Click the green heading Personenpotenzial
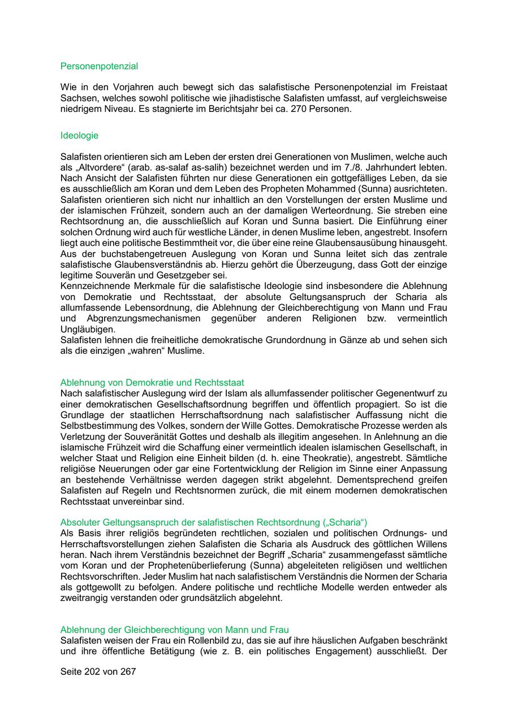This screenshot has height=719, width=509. [99, 66]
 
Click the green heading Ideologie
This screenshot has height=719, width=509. [79, 136]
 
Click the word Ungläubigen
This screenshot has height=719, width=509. [87, 329]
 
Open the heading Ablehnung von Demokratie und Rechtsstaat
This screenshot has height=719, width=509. [152, 383]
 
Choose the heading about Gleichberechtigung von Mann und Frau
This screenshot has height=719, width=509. [175, 630]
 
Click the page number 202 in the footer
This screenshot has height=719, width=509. [90, 672]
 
